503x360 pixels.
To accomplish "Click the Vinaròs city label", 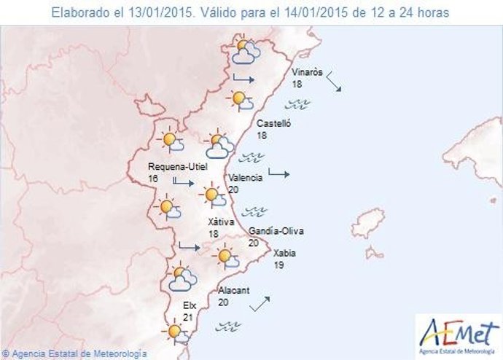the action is click(x=305, y=73).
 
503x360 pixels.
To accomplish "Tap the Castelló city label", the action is click(x=274, y=124).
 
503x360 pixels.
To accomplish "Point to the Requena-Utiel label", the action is click(x=178, y=166).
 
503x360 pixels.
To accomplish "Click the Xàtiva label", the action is click(x=217, y=222).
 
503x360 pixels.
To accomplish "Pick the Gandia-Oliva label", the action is click(x=276, y=232).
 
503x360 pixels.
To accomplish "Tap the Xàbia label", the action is click(x=284, y=254).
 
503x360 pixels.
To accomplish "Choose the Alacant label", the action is click(x=234, y=291).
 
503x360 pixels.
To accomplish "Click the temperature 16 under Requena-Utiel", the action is click(x=153, y=177).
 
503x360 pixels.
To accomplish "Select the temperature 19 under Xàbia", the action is click(x=278, y=265).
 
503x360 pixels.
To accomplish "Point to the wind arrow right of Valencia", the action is click(x=278, y=173).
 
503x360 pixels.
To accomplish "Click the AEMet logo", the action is click(x=459, y=334).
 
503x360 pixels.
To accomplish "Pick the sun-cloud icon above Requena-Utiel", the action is click(x=171, y=140).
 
